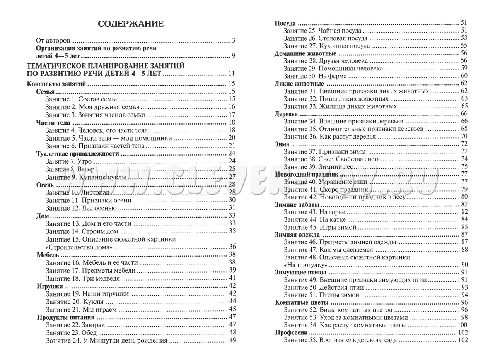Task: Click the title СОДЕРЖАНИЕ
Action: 131,24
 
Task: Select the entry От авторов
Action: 53,40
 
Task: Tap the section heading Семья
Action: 45,92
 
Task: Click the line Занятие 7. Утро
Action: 68,161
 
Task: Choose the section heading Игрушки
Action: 49,286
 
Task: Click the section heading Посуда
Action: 285,23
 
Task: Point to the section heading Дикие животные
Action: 299,84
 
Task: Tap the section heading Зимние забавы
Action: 297,204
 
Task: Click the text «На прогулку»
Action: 306,265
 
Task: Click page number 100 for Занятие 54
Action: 462,325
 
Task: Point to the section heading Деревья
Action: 286,114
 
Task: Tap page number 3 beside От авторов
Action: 234,40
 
